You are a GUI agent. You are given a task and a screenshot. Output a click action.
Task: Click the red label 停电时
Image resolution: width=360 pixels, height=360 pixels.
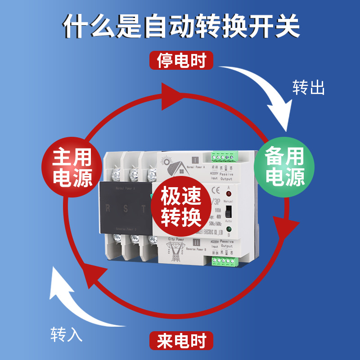click(x=181, y=60)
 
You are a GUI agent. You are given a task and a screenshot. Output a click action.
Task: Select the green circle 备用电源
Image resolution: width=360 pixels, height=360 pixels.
click(x=284, y=166)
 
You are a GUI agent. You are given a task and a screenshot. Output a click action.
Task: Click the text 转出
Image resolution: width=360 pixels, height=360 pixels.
click(x=308, y=87)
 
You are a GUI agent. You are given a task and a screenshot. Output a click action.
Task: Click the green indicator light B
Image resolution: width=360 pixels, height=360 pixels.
click(x=229, y=229)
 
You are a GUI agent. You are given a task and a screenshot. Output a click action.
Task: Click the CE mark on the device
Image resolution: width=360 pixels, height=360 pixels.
click(x=215, y=189)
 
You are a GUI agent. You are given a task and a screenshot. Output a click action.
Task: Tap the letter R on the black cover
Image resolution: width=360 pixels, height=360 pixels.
click(x=108, y=208)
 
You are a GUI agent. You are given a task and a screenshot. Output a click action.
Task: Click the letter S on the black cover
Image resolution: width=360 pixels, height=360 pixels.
click(x=126, y=208)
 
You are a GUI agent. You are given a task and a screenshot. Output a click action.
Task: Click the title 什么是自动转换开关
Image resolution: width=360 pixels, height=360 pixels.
click(x=180, y=27)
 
